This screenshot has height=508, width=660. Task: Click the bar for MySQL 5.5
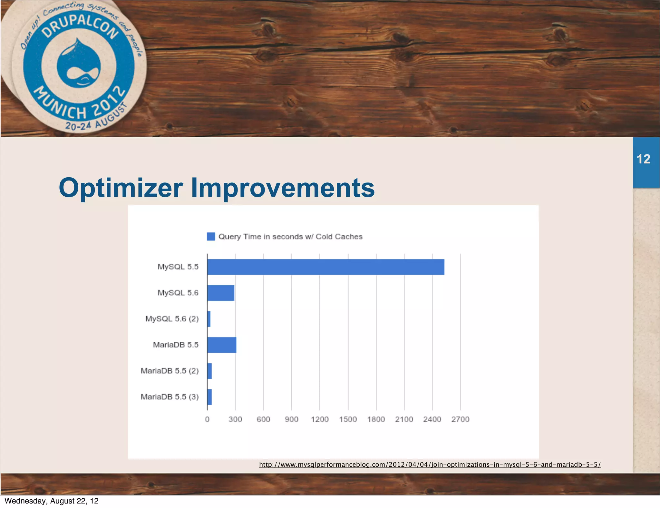(325, 267)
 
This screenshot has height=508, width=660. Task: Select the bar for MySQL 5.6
(221, 293)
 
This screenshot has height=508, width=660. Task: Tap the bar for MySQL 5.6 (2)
(209, 319)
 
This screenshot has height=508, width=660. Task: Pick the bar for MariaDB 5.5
(222, 345)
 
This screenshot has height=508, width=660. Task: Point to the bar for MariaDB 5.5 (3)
(209, 397)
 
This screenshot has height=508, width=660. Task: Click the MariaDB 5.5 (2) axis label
(170, 371)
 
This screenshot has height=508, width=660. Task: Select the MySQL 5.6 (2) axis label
(172, 319)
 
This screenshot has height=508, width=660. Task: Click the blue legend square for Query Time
(211, 237)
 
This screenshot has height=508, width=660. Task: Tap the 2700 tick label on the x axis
(460, 419)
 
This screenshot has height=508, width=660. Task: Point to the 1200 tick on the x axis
(320, 419)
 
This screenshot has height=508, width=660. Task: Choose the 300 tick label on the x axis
(235, 419)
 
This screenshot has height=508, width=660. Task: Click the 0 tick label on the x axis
(207, 419)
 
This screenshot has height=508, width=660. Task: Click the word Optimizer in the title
(121, 188)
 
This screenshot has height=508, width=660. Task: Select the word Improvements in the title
(283, 188)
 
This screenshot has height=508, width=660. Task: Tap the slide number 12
(643, 159)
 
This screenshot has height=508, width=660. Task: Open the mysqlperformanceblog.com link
(430, 464)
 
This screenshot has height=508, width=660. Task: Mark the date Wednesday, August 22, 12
(52, 501)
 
